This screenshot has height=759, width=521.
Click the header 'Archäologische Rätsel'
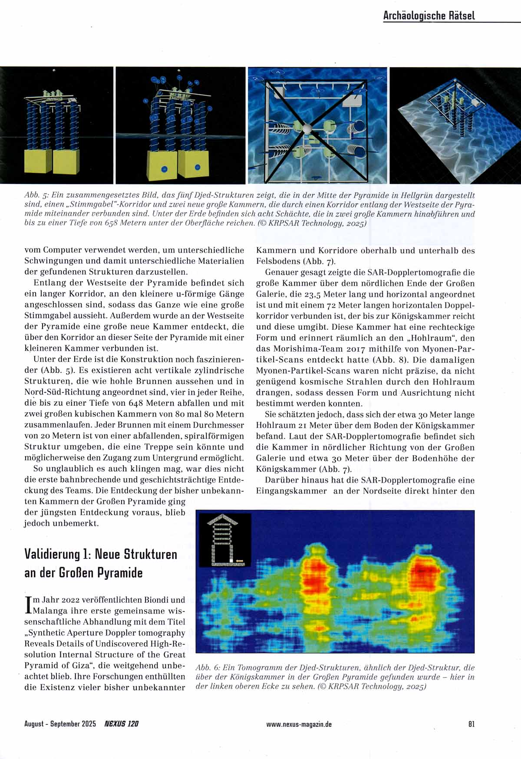429,16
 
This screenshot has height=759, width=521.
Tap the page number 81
472,724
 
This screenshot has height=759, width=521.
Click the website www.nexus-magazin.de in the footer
299,724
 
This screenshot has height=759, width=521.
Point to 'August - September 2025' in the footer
60,724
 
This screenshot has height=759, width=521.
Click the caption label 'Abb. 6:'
208,667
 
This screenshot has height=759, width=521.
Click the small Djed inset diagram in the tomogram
224,540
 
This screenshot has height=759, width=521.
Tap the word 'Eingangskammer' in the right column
291,491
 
